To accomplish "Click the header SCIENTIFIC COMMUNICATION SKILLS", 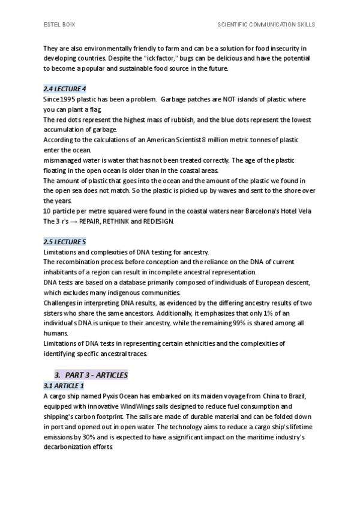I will click(266, 25).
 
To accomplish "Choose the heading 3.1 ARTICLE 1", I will click(64, 385).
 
